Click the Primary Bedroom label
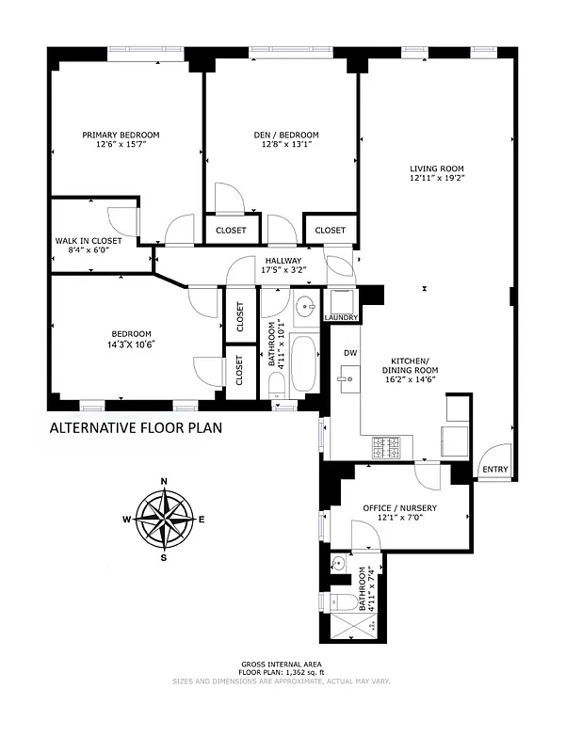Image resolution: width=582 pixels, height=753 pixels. coord(121,135)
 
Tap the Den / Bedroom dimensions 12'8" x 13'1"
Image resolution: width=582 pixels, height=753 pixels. coord(282,145)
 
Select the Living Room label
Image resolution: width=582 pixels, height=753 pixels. coord(436,169)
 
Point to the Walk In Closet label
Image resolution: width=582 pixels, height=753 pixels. coord(89,241)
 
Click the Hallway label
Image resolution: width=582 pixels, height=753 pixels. coord(283,261)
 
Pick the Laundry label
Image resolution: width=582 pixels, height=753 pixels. coord(341,317)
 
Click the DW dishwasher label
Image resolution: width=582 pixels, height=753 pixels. coord(350,353)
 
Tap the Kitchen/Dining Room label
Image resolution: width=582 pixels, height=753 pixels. coord(411,365)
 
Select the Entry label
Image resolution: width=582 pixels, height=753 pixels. coord(494,470)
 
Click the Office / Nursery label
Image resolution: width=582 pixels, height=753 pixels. coord(399,508)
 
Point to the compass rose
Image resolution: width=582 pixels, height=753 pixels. coord(165,520)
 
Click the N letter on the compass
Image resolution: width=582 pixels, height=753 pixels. coord(165,482)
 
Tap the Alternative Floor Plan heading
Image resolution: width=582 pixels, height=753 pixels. coord(137,429)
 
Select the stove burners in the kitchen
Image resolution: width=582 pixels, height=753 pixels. coord(387,447)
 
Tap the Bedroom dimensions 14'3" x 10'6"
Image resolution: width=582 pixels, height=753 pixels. coord(132,344)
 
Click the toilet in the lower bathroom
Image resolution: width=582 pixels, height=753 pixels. coord(345,602)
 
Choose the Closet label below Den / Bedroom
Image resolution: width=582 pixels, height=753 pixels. coord(231,230)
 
